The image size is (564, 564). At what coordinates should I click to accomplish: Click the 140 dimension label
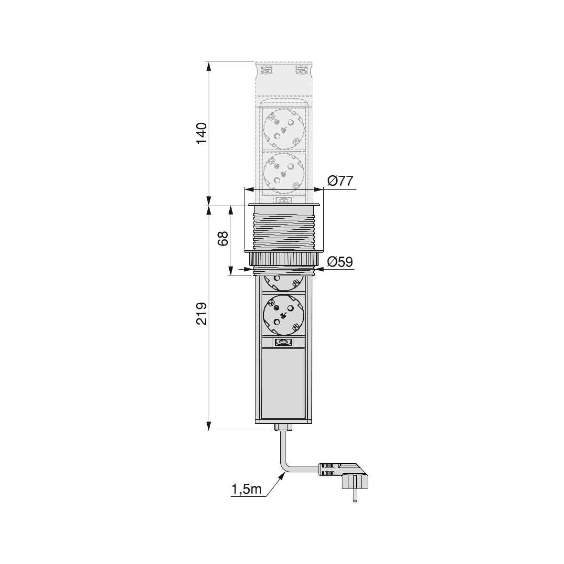(x=202, y=133)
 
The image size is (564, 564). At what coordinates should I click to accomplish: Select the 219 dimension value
(x=202, y=313)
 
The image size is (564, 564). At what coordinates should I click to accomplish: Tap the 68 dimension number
(x=223, y=238)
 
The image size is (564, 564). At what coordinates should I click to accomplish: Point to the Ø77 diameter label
(x=341, y=181)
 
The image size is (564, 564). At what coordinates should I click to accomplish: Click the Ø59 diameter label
(x=341, y=262)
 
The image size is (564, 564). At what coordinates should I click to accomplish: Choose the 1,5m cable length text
(x=246, y=489)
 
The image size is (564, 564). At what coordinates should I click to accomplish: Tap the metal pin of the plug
(x=355, y=496)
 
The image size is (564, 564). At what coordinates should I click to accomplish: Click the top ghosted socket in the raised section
(x=284, y=129)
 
